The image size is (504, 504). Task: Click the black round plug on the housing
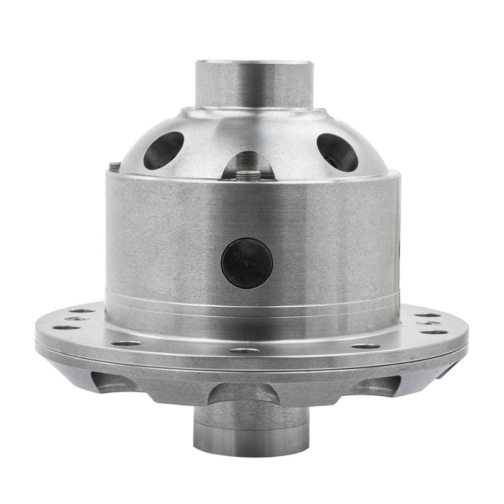(x=247, y=263)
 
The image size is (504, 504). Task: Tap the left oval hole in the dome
(x=163, y=150)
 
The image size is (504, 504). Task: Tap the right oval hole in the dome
(x=337, y=152)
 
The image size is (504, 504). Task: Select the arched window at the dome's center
(x=248, y=166)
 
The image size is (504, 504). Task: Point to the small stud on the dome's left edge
(x=115, y=166)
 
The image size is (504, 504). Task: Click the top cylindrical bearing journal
(x=254, y=85)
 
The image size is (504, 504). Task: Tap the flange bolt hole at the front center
(x=245, y=350)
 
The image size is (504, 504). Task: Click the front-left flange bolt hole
(x=127, y=343)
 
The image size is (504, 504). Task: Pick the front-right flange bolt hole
(x=365, y=345)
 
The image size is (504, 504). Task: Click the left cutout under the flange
(x=114, y=381)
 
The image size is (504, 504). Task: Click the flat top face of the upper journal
(x=254, y=63)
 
